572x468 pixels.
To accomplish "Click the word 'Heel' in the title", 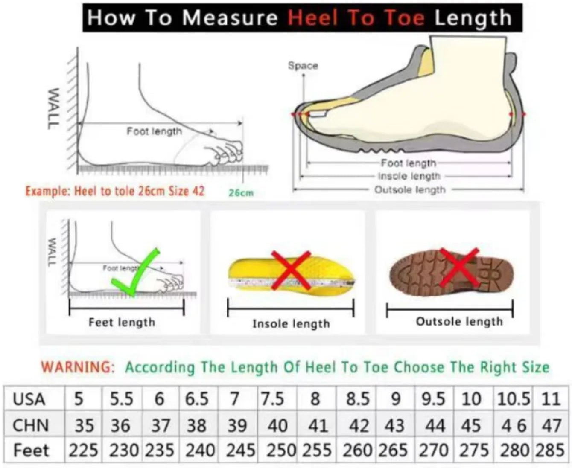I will [312, 18].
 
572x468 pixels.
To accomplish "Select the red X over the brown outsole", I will [459, 267].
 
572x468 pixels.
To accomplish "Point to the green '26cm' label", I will [241, 193].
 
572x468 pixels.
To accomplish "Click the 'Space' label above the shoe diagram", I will [303, 66].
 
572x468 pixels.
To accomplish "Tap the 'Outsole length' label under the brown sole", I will [459, 322].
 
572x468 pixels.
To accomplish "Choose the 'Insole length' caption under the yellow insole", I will [291, 324].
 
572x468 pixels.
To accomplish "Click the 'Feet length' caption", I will [122, 323].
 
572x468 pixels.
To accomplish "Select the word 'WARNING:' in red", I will [78, 367].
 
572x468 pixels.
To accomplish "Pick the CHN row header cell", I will [31, 425].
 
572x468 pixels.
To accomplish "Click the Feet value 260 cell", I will [357, 451].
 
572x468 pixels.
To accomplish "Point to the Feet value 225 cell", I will [83, 451].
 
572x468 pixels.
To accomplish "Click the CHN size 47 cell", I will [551, 425].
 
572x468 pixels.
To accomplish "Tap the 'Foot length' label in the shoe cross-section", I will [409, 163].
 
